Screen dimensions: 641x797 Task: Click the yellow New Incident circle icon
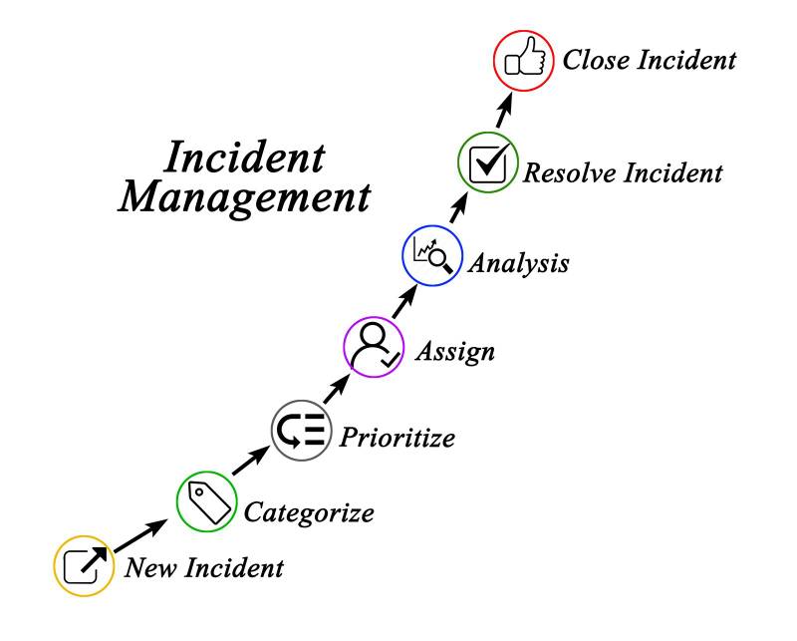85,566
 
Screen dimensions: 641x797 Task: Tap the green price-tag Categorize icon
207,501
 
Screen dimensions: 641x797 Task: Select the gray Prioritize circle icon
301,431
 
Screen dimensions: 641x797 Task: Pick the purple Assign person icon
374,347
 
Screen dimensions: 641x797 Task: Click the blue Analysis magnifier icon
431,256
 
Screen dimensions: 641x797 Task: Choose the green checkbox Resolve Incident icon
488,162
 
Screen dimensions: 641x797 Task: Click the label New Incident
204,568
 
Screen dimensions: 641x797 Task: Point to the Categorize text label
310,513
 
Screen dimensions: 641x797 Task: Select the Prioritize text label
398,437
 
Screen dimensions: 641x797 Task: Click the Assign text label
454,352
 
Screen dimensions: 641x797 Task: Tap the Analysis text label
519,264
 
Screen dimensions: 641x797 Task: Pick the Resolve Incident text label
624,173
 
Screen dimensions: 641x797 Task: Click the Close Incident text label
650,60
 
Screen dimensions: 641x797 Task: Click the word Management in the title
244,196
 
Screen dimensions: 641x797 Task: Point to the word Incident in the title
244,158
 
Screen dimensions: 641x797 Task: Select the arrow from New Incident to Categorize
138,536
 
